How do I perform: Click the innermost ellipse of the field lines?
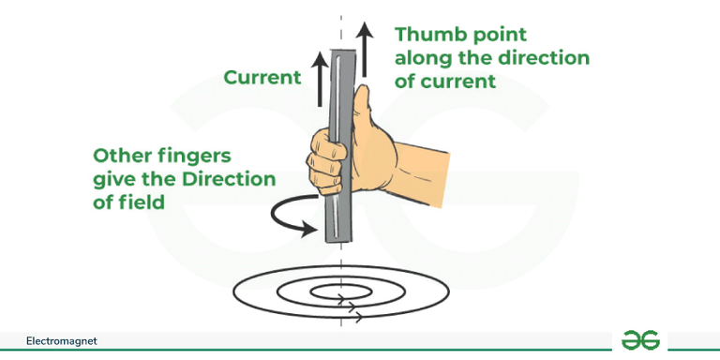339,293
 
